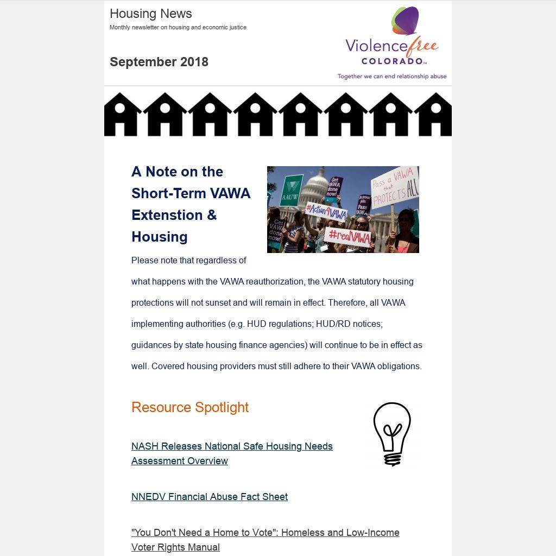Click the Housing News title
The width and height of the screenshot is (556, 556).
click(150, 14)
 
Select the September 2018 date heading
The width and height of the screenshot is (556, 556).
click(159, 62)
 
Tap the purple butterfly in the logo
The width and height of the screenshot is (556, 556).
click(406, 21)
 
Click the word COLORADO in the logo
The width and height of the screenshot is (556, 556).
click(391, 61)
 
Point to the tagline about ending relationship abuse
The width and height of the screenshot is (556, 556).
click(391, 77)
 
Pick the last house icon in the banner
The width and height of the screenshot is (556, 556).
click(434, 115)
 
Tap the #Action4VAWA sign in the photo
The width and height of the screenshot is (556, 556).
click(326, 211)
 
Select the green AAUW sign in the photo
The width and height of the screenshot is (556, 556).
click(290, 191)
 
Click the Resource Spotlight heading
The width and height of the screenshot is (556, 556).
click(190, 407)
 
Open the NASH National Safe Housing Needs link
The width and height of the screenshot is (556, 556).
click(232, 453)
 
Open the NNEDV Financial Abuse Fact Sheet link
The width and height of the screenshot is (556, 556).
click(210, 497)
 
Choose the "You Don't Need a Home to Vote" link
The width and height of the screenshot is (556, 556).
click(265, 540)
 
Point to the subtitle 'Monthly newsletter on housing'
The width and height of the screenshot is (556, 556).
click(178, 27)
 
